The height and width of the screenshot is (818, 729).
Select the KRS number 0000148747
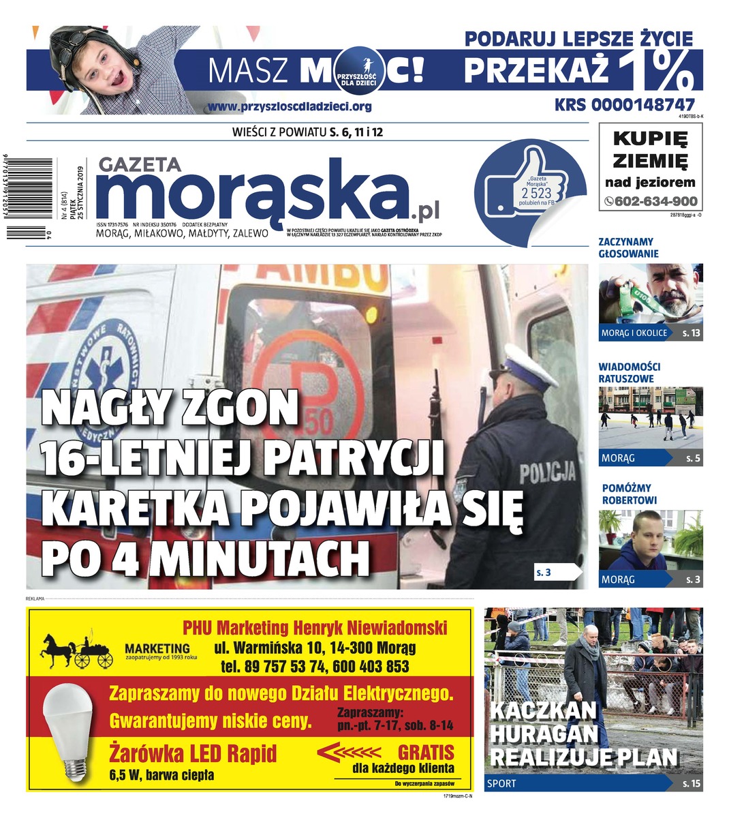[625, 105]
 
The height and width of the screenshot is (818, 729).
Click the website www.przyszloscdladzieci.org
[290, 106]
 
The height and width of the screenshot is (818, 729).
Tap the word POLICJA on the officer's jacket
[547, 472]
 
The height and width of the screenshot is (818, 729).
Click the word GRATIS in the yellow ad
[426, 753]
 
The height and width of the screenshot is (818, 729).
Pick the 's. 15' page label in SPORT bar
[691, 783]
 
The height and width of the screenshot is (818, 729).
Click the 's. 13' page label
[691, 333]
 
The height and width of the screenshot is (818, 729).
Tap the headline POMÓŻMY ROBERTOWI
[629, 494]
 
